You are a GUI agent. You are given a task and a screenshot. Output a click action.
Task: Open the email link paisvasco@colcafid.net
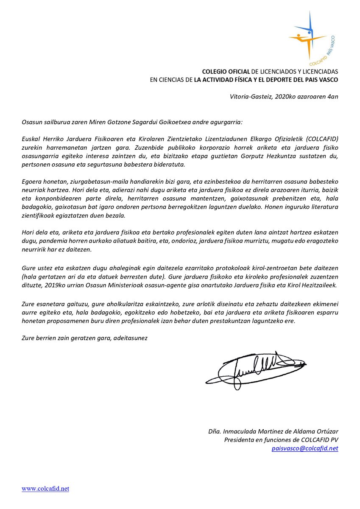tap(305, 448)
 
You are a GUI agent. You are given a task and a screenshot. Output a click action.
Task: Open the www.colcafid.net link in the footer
tap(45, 489)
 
